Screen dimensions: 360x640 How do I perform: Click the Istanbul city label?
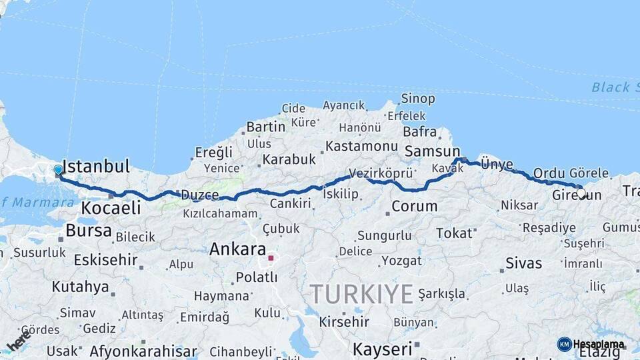95,166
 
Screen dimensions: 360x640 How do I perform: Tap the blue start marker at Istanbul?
58,170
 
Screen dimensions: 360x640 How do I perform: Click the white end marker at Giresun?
581,193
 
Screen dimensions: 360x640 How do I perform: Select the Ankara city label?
237,249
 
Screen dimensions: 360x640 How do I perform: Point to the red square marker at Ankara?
271,257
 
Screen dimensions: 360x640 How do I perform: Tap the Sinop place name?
418,99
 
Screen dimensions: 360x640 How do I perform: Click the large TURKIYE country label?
361,293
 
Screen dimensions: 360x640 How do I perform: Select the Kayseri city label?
382,349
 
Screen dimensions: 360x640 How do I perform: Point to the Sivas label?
524,263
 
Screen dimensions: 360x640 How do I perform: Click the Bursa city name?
88,231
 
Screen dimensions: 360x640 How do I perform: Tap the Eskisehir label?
105,260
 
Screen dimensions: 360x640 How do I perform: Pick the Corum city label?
414,206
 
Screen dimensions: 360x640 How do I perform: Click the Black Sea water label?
610,87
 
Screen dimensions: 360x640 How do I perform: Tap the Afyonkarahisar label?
143,351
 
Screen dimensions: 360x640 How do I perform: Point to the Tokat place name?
453,233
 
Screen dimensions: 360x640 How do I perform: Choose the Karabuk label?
289,159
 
